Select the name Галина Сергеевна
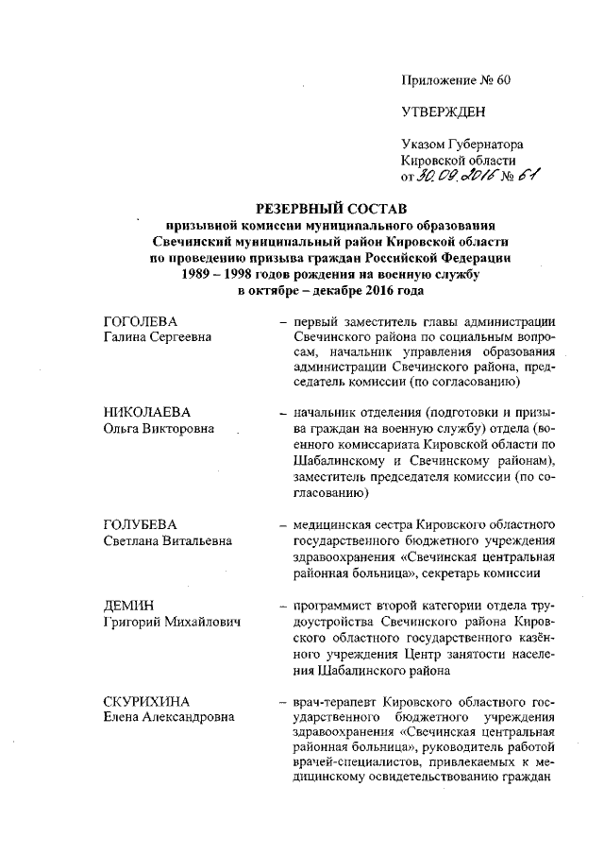(x=157, y=337)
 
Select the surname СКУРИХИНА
(x=147, y=702)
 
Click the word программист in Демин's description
(x=333, y=605)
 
